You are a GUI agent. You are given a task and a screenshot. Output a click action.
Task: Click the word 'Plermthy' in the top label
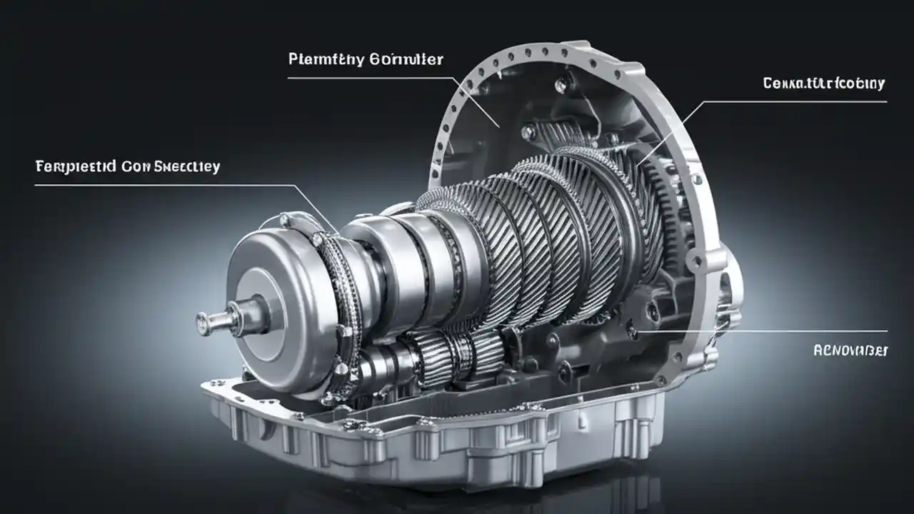point(325,59)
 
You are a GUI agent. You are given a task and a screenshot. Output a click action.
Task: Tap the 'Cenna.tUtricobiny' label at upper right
point(823,84)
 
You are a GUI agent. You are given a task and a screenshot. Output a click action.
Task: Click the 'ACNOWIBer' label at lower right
point(850,351)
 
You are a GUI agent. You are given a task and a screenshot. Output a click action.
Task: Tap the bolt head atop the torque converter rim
point(285,220)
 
